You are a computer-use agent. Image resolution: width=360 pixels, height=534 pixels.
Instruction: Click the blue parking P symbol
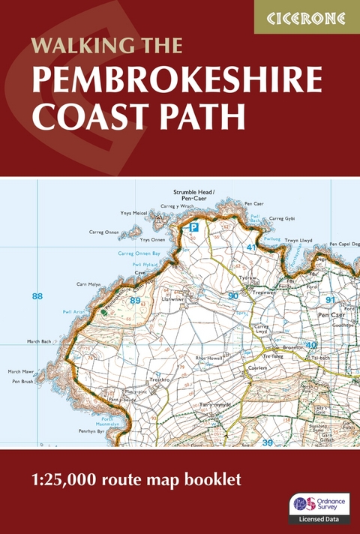(194, 226)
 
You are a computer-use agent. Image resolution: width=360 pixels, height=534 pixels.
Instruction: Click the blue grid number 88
(37, 297)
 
